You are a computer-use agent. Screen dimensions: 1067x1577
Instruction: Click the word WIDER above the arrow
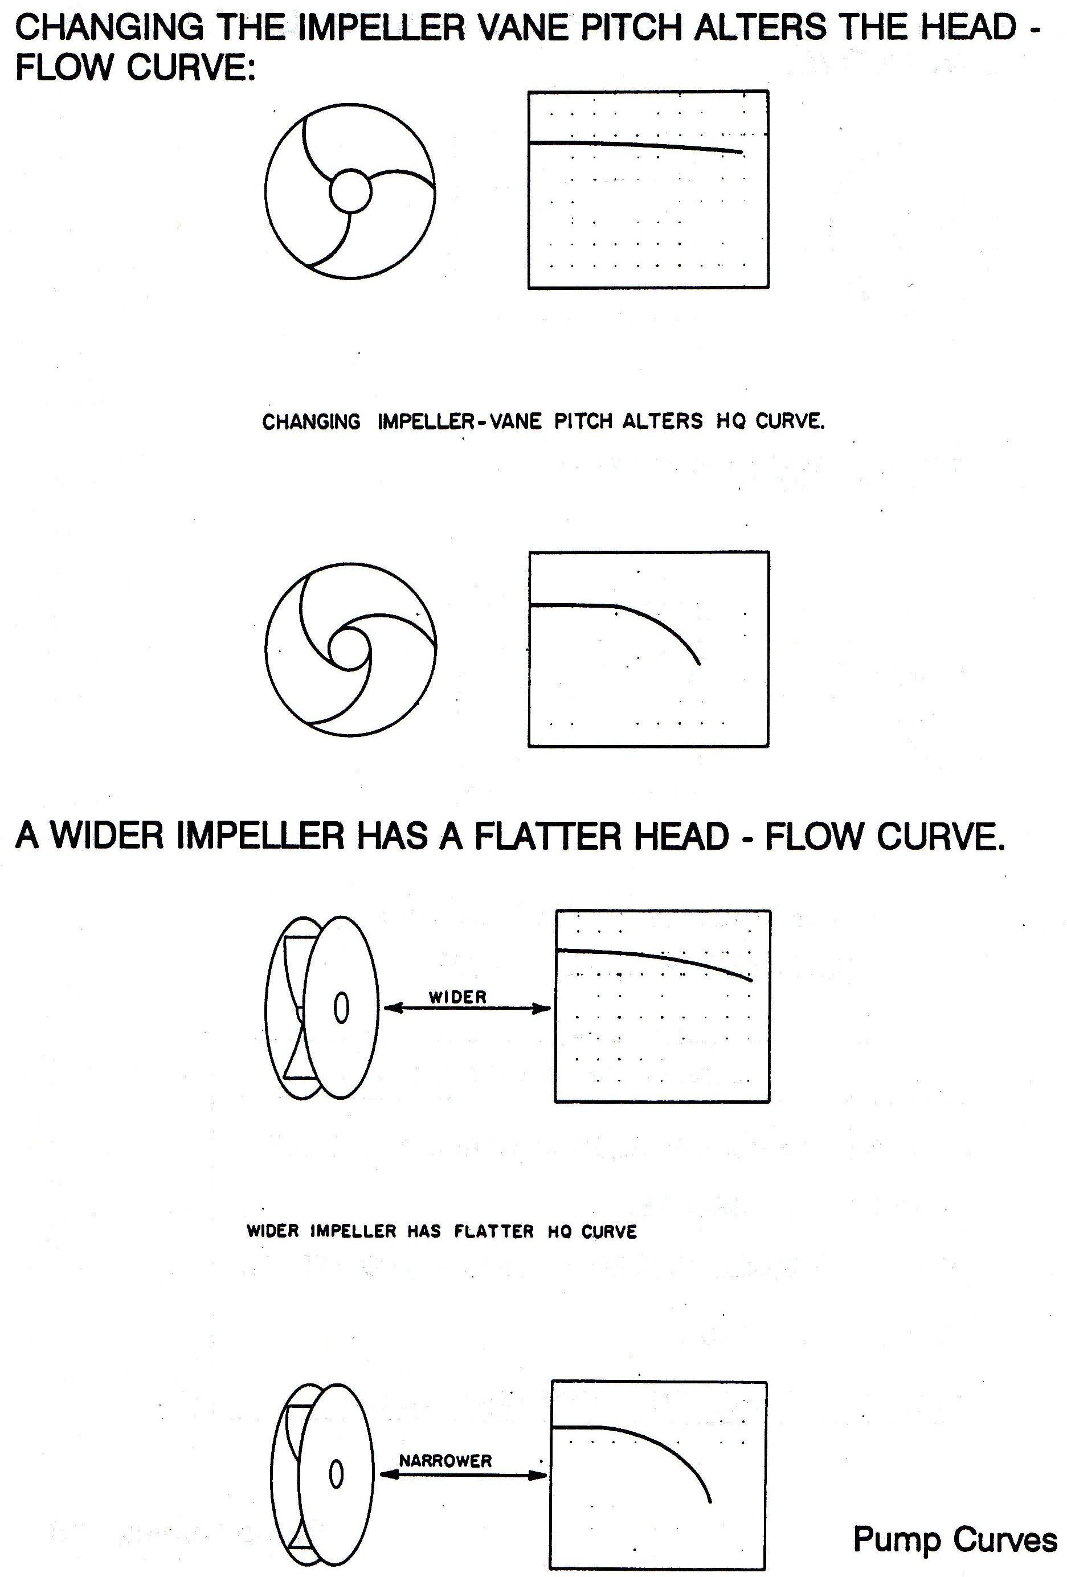coord(457,997)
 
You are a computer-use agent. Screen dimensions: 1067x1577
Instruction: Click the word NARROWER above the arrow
coord(445,1460)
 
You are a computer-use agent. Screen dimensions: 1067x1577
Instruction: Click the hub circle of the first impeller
coord(350,191)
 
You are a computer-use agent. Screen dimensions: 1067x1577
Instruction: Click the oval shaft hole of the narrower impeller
coord(336,1473)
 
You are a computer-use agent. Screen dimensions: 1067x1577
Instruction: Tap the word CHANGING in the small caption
coord(312,422)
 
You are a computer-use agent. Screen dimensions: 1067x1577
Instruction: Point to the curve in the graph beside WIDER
coord(655,955)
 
